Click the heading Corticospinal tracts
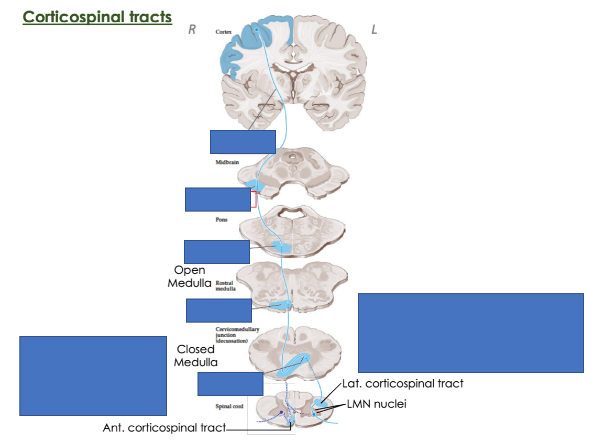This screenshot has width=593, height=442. tap(97, 17)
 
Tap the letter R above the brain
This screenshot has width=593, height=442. tap(192, 30)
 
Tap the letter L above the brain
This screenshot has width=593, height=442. tap(374, 30)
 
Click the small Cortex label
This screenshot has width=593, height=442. tap(223, 32)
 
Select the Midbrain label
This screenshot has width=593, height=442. tap(227, 162)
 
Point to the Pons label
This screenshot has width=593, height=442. tap(222, 219)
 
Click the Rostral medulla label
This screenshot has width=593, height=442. tap(226, 285)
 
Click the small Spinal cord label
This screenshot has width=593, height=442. tap(229, 406)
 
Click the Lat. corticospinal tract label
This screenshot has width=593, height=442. tap(402, 383)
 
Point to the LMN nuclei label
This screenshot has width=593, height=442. tap(376, 404)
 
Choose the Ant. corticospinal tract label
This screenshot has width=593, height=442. tap(164, 428)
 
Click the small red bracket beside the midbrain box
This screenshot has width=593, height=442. tap(254, 199)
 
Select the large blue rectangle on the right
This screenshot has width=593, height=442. tap(470, 333)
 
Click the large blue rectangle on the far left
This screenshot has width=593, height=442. tap(93, 375)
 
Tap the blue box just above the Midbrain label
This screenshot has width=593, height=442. tap(243, 141)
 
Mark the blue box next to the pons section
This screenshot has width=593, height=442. tap(216, 251)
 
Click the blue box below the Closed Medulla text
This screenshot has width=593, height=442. tap(230, 384)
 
